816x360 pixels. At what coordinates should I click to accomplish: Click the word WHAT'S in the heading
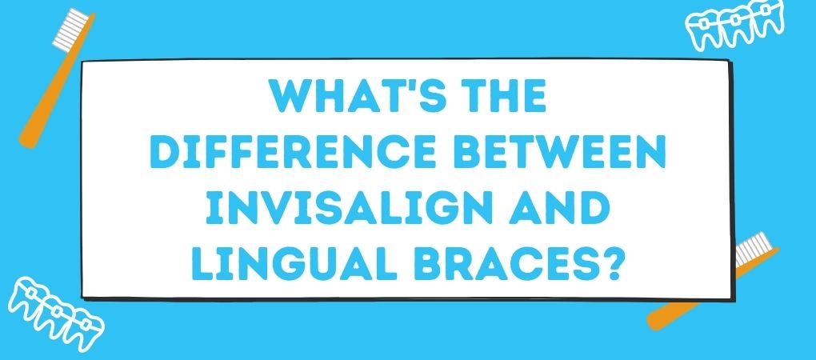point(350,96)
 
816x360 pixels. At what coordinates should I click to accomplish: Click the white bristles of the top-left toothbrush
point(70,28)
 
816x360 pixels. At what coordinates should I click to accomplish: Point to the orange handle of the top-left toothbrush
point(55,83)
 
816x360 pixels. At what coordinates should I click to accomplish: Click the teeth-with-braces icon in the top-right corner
point(734,27)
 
